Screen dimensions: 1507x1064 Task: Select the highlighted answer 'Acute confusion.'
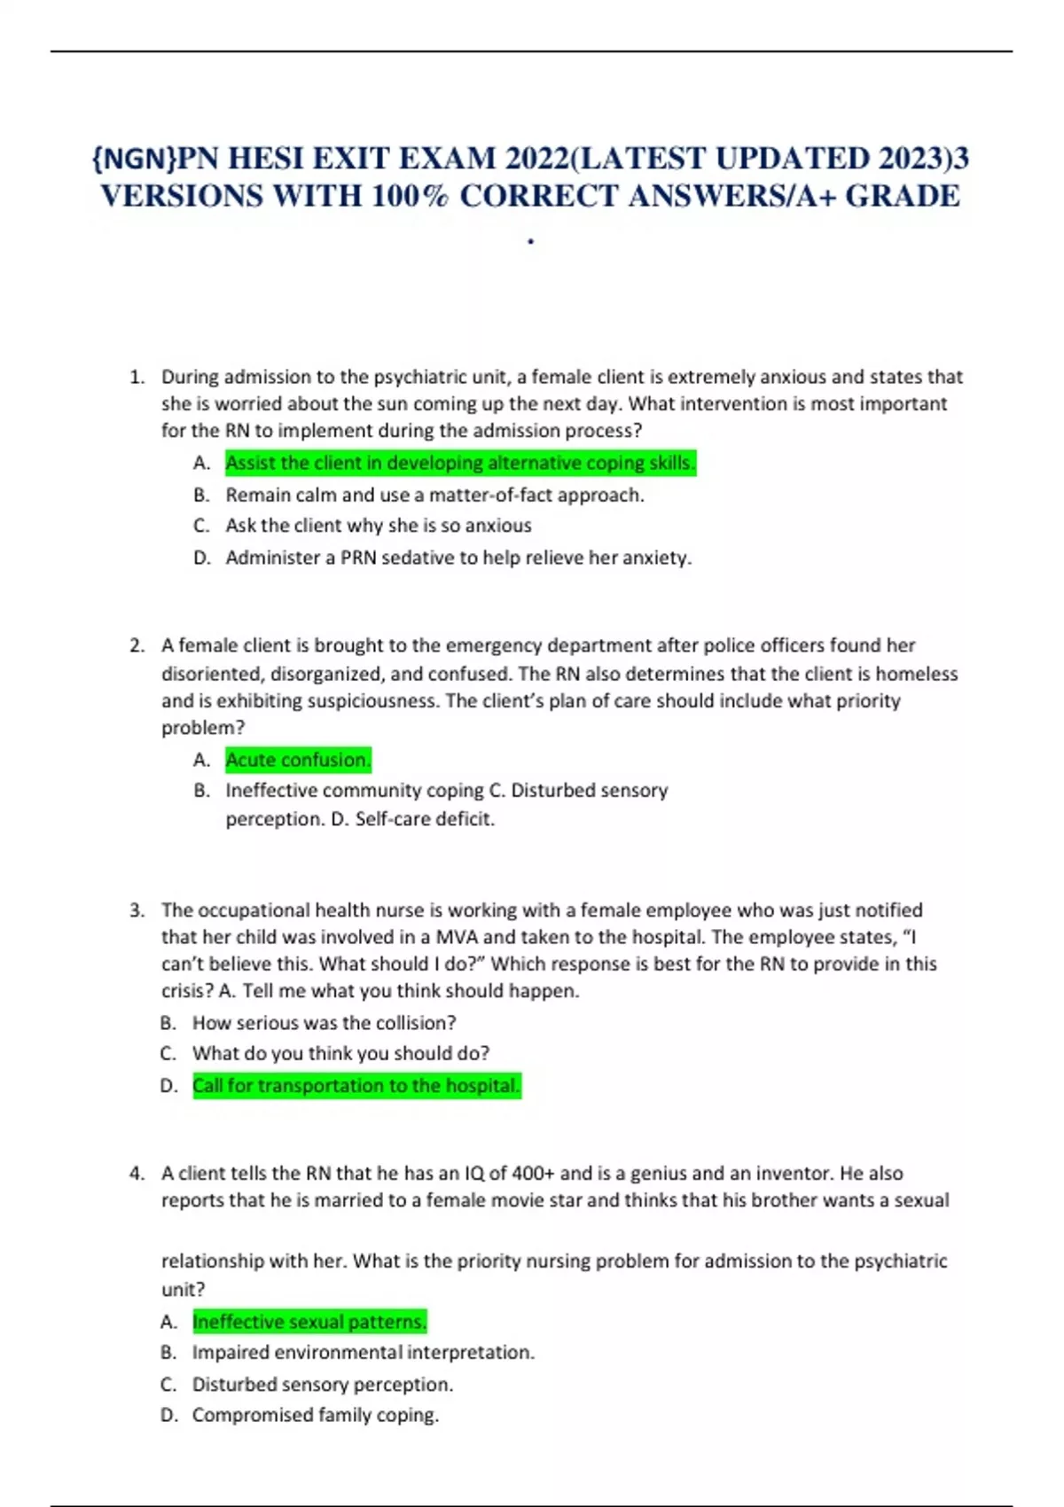tap(298, 760)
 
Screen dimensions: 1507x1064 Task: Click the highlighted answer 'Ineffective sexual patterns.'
tap(309, 1322)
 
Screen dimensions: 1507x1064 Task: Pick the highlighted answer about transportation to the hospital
tap(356, 1086)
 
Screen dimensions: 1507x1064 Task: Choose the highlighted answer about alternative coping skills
tap(460, 463)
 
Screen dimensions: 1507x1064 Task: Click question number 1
tap(137, 377)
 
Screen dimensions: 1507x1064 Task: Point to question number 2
tap(137, 645)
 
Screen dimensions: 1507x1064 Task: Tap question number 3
tap(137, 910)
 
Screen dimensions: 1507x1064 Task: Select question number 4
tap(137, 1174)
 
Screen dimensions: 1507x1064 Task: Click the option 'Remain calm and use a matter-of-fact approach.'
tap(434, 495)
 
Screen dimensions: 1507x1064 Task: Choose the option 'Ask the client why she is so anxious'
tap(379, 526)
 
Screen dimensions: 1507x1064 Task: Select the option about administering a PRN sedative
tap(458, 558)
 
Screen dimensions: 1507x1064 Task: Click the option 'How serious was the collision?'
tap(324, 1023)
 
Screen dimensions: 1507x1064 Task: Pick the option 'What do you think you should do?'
tap(340, 1053)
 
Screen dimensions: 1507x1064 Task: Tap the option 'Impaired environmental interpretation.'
tap(363, 1353)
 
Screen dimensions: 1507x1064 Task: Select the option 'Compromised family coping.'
tap(315, 1415)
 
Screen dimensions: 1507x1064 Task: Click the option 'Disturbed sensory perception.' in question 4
tap(322, 1385)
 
